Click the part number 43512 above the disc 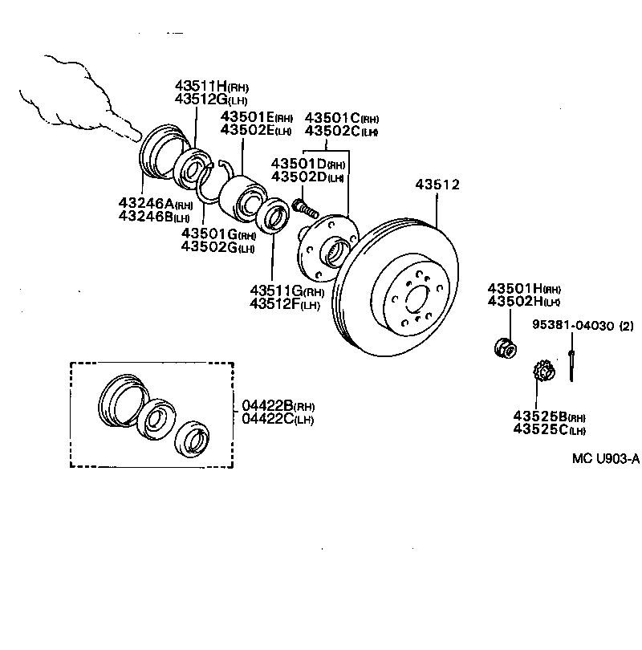pos(437,185)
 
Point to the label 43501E pos(248,117)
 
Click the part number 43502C pos(332,131)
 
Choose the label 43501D pos(299,163)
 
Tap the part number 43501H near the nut pos(514,288)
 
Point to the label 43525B pos(541,416)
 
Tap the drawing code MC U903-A pos(605,459)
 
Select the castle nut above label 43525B pos(545,373)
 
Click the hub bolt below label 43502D pos(303,207)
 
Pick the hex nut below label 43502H pos(506,347)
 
